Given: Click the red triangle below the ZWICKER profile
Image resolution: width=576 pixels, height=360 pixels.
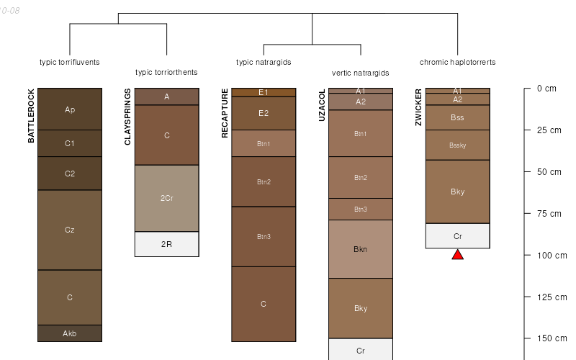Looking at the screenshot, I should click(457, 254).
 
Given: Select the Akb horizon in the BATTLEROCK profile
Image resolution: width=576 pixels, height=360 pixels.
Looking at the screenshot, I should click(70, 333).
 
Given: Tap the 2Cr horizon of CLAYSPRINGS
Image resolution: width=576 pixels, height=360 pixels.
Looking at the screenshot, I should click(166, 198).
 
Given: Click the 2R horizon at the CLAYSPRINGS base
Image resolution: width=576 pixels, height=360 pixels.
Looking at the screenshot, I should click(166, 244).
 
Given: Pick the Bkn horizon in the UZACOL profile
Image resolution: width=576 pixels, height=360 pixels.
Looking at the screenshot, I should click(361, 249).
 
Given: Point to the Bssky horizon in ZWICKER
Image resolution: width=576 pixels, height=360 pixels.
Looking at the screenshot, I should click(457, 145).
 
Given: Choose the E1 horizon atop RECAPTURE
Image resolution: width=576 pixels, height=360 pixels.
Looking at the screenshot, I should click(264, 92).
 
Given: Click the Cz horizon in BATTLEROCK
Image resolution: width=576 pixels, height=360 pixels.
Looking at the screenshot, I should click(70, 230).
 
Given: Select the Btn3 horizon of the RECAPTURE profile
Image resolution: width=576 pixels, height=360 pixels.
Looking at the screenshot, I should click(264, 236).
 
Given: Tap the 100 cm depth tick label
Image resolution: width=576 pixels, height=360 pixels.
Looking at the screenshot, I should click(552, 255).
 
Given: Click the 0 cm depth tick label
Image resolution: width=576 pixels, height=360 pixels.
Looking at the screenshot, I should click(546, 89).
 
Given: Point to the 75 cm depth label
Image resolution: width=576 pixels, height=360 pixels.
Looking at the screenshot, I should click(549, 213).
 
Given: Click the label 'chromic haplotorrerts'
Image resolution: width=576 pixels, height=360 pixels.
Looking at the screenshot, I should click(457, 62).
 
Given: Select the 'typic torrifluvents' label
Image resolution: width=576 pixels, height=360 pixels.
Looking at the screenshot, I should click(70, 62).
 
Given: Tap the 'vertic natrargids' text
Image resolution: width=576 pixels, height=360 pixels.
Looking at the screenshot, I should click(361, 73).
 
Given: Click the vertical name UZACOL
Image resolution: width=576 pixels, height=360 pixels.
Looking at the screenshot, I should click(322, 105).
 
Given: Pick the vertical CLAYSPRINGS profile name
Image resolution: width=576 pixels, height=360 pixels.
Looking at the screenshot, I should click(128, 117).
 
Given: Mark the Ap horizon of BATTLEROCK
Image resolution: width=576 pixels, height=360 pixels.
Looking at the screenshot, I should click(70, 109).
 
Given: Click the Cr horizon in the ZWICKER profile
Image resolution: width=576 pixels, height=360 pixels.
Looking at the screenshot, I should click(457, 236).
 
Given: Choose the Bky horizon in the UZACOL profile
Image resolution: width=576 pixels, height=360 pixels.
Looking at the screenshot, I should click(361, 308).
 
